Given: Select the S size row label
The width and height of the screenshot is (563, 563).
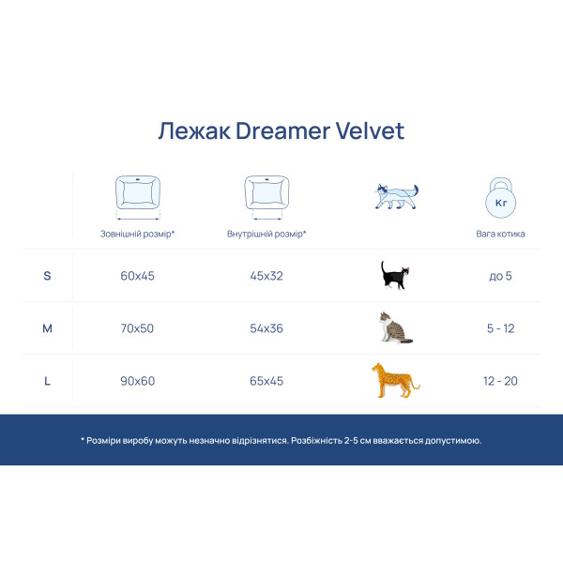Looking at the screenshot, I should point(48,276).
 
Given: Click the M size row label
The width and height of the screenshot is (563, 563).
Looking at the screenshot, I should point(48,328).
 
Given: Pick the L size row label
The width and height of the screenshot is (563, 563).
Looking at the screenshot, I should point(48,381).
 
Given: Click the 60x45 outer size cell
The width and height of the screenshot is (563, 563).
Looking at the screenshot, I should point(137,276).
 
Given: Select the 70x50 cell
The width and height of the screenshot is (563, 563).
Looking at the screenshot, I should point(137,328).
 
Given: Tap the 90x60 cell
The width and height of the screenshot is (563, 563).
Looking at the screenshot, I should point(137,381).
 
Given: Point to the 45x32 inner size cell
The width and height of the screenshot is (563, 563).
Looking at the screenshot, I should point(266,276).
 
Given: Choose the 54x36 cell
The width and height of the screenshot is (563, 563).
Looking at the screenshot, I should point(266,328).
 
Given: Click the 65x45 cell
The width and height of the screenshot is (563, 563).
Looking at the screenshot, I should point(266,381).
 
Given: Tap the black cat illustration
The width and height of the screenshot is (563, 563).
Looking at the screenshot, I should point(395,275).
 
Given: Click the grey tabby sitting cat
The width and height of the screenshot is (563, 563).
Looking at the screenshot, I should point(394,327).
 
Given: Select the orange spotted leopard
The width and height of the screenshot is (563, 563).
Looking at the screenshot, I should point(394,380).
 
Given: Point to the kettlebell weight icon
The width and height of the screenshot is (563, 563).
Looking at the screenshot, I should point(500,198).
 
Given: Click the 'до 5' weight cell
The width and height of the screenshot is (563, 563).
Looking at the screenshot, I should point(501,276).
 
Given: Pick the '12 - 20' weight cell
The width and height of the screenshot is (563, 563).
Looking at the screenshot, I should point(501,381).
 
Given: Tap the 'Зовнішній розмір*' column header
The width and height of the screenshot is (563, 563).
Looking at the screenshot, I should point(138,234).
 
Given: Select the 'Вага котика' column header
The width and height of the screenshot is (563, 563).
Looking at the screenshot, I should point(501,234).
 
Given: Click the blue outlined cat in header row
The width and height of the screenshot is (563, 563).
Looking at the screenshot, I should point(394,195).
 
